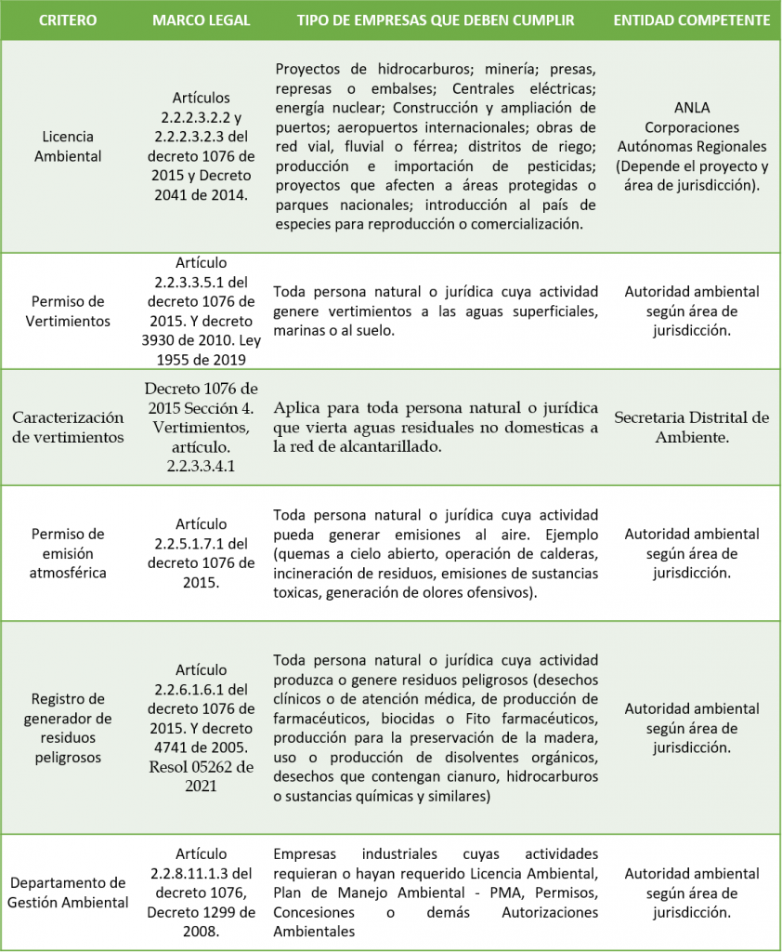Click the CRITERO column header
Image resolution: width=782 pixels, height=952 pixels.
(67, 20)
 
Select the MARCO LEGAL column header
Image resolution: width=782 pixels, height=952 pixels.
(201, 20)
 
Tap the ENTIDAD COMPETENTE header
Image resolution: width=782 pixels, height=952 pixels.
(692, 20)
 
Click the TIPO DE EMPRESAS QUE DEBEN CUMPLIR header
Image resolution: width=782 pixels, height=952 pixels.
(436, 20)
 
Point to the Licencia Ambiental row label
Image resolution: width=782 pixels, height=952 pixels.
(68, 146)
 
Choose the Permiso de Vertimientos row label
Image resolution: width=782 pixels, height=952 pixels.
(68, 311)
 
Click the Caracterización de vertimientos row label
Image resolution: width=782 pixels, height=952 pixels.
(68, 427)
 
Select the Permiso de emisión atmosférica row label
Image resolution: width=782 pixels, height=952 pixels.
(68, 553)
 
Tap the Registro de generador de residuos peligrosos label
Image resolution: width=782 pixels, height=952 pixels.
(68, 728)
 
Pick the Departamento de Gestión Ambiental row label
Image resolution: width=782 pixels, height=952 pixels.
(68, 892)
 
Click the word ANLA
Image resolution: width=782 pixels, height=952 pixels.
(692, 108)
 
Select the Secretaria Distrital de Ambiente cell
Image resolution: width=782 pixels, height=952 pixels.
(692, 427)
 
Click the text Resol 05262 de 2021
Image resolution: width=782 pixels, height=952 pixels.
(201, 776)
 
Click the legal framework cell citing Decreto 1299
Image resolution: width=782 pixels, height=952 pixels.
(201, 892)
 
